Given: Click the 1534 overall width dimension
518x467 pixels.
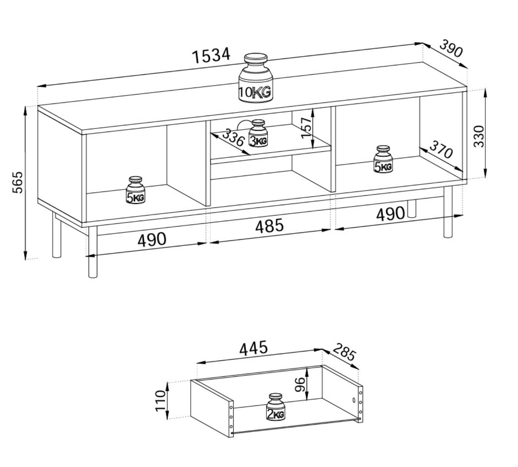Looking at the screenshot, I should [x=211, y=55].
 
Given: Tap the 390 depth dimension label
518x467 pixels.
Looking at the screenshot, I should [x=451, y=48].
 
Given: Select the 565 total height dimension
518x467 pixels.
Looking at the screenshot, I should [x=18, y=182].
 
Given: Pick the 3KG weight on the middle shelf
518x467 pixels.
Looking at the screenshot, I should [x=258, y=133].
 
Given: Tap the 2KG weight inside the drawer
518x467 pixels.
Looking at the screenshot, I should [x=276, y=407].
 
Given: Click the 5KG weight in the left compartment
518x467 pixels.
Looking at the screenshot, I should [x=135, y=191].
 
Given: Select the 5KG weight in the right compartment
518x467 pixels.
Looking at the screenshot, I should [x=383, y=160].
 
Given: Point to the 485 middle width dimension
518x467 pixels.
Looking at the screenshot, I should [x=269, y=226].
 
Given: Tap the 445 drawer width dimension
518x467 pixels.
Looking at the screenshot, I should [x=254, y=348].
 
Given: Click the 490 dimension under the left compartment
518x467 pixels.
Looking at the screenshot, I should [x=152, y=239].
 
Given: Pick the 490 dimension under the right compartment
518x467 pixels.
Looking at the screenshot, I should [x=390, y=214].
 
